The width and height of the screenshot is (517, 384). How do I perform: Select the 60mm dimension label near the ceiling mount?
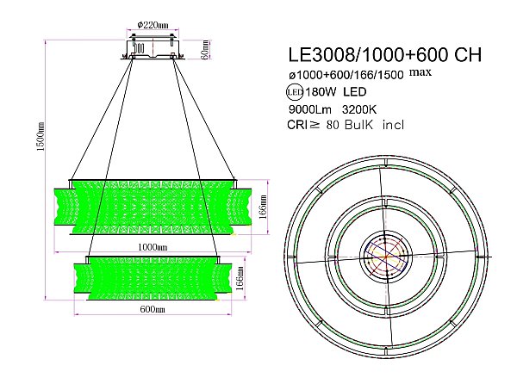(205, 46)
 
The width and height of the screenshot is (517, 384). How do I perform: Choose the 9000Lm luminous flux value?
(306, 109)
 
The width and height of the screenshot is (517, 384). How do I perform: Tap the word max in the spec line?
(421, 72)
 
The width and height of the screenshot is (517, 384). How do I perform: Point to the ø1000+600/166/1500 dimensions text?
(346, 75)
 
